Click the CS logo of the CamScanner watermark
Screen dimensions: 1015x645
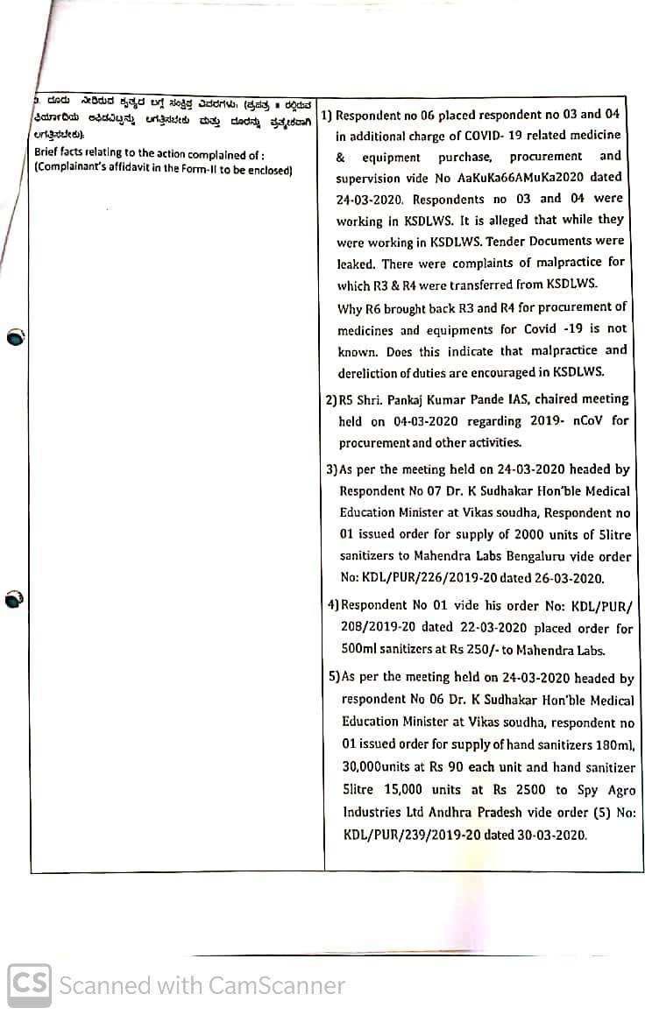click(x=30, y=984)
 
